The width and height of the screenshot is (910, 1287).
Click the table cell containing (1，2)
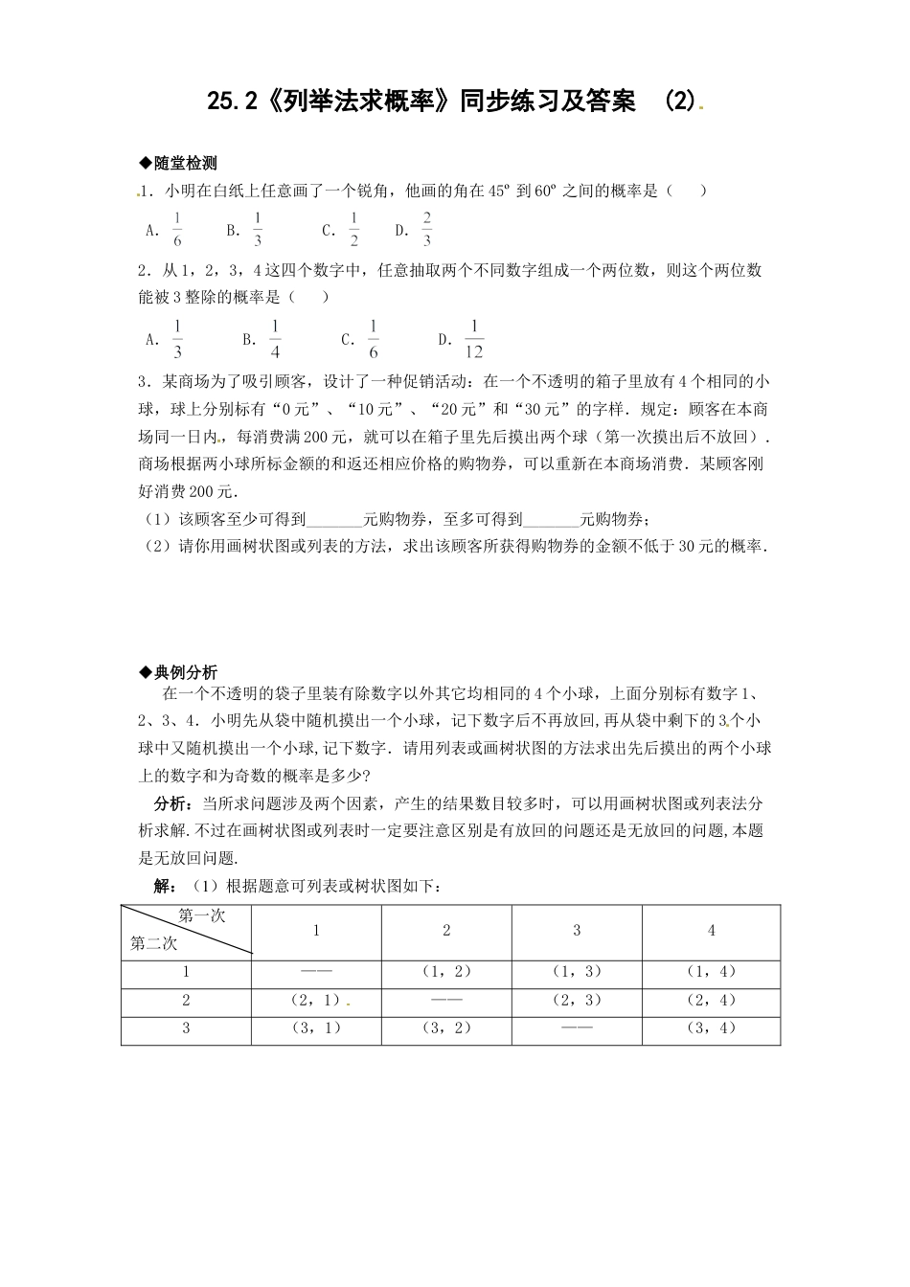click(x=446, y=971)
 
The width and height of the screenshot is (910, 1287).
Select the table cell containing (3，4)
click(x=711, y=1028)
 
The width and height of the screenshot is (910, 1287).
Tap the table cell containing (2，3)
click(x=577, y=1000)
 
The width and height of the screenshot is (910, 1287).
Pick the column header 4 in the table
click(x=711, y=930)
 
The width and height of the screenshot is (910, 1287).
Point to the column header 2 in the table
click(x=446, y=930)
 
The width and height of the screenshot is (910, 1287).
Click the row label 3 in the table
click(x=186, y=1028)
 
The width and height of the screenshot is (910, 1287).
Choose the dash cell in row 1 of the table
click(x=316, y=971)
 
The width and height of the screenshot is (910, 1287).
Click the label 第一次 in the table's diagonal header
click(x=202, y=915)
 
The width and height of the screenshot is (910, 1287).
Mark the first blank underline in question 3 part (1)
click(x=334, y=520)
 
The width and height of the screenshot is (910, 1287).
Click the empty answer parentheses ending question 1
click(x=688, y=191)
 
